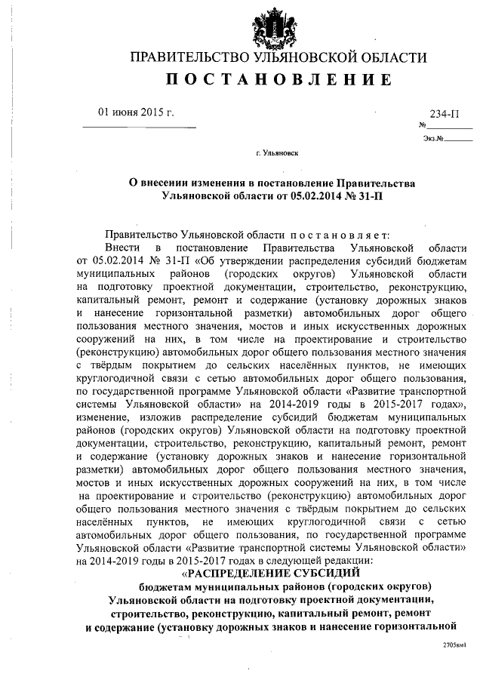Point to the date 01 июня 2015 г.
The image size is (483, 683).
click(x=136, y=113)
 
